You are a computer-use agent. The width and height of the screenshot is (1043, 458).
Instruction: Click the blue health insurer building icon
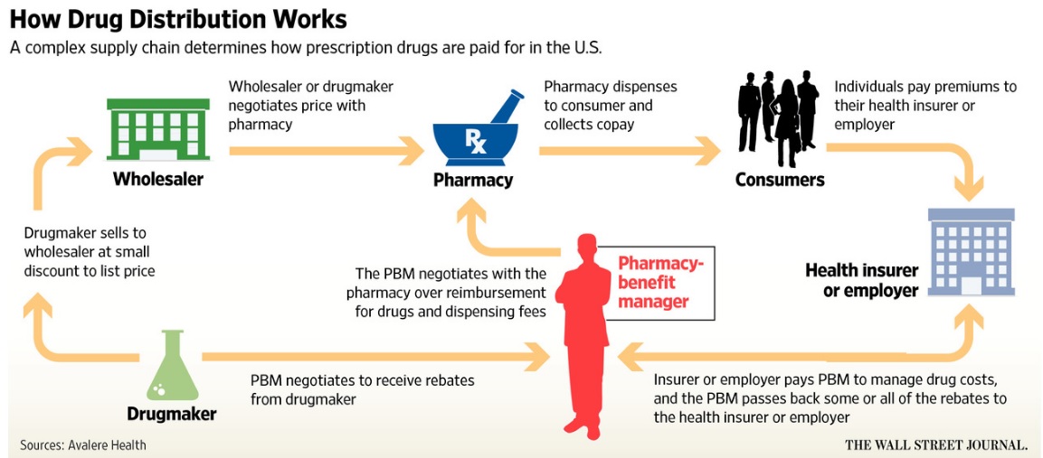[x=971, y=252]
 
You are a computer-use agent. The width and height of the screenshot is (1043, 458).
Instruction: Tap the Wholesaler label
[x=158, y=179]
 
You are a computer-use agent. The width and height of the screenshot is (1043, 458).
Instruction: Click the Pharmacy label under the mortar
[x=473, y=180]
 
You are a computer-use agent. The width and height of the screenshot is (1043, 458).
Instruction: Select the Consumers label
[x=780, y=180]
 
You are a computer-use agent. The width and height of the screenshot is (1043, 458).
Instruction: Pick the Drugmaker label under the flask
[x=172, y=415]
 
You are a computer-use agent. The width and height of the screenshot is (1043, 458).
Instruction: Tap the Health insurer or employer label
[x=861, y=280]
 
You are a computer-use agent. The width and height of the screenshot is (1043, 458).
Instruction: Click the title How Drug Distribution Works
[x=178, y=19]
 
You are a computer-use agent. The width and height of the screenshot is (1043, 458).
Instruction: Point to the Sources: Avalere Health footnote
[x=83, y=444]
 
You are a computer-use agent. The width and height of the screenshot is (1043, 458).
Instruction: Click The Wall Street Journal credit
[x=936, y=444]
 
